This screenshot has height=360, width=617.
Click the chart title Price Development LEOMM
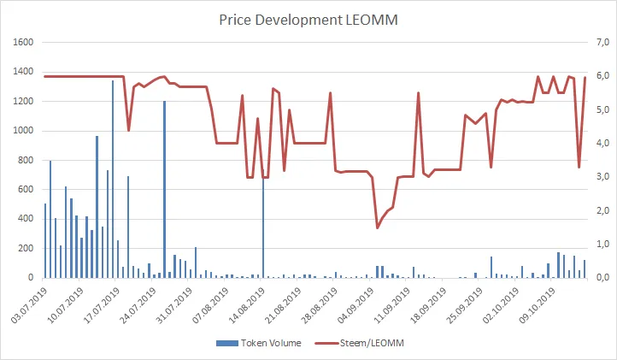coord(308,19)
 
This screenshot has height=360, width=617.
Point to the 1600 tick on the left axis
coord(21,42)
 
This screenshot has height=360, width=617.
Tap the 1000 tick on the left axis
coord(21,131)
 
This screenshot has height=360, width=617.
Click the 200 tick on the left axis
coord(24,248)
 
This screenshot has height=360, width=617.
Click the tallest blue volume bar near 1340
coord(113,180)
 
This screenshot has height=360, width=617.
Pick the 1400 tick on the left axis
coord(21,72)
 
